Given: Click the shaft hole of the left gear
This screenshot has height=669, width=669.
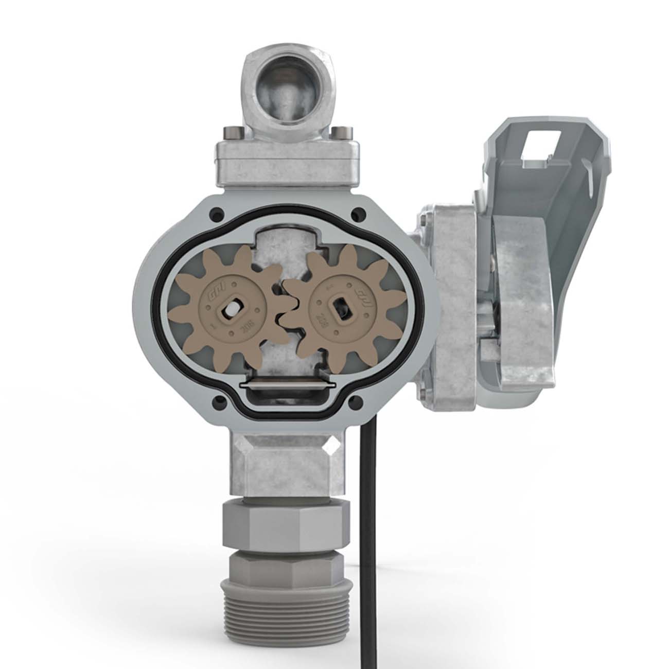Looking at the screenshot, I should point(230,309).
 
